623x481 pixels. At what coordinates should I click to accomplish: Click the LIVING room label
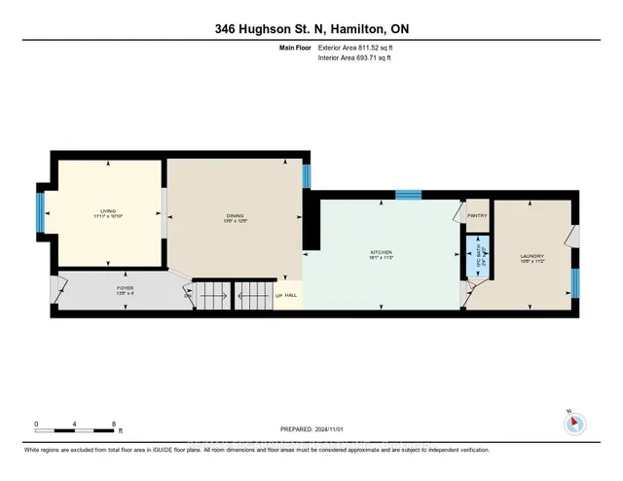click(x=108, y=212)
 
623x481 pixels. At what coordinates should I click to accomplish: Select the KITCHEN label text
click(x=381, y=254)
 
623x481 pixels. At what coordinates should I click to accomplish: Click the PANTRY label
click(x=477, y=215)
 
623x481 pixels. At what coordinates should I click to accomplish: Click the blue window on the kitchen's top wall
click(x=407, y=195)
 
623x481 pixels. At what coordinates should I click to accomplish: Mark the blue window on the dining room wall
click(x=305, y=176)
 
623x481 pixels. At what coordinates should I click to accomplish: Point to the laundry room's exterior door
click(x=572, y=237)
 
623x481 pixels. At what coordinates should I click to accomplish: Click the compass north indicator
click(x=572, y=424)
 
